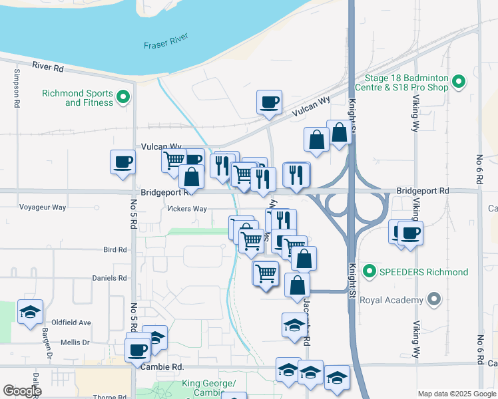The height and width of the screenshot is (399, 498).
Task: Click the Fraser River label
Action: (x=166, y=45)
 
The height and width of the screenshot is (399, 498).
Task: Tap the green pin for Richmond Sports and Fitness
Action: (x=123, y=98)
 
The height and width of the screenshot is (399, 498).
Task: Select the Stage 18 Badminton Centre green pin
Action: (x=458, y=82)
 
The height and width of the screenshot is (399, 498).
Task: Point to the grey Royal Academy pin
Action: (x=434, y=300)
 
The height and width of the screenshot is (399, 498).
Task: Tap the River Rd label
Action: (x=47, y=68)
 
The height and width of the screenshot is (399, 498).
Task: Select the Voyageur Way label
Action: (x=43, y=207)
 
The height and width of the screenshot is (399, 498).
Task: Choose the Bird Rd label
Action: (x=115, y=250)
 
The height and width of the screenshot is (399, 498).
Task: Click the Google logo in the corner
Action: (x=22, y=391)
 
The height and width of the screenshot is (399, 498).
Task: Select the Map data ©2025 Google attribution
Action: (x=456, y=394)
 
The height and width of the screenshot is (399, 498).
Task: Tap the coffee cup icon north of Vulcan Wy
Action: (x=270, y=102)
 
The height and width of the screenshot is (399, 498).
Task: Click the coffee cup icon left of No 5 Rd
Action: (x=123, y=162)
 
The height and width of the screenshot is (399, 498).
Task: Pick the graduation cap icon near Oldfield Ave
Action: (x=30, y=313)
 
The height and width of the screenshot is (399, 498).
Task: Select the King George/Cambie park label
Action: (x=208, y=388)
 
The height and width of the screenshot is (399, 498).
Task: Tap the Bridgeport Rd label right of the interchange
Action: (x=423, y=191)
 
